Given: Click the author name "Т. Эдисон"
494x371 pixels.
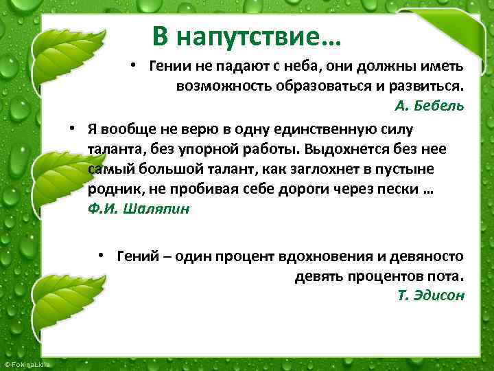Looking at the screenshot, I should [x=431, y=295].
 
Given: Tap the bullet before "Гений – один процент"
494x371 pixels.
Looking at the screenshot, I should [x=101, y=255].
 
